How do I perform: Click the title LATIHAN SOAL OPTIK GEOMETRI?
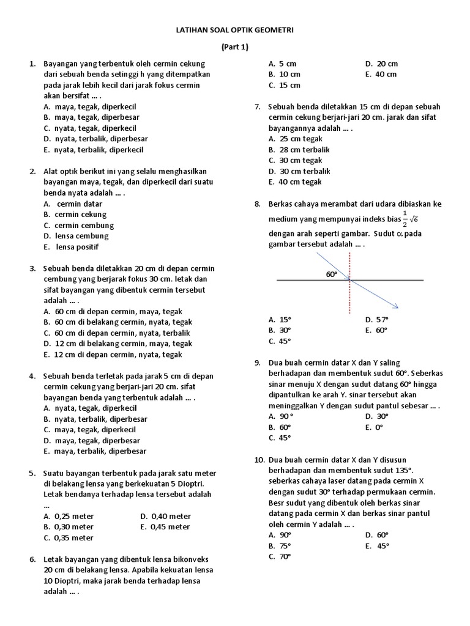234,29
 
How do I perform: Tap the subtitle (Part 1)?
234,46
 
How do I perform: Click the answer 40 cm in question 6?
386,75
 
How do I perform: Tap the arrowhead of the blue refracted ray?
396,307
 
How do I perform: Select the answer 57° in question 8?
382,319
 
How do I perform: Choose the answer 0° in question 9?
379,427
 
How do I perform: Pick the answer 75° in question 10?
285,546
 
